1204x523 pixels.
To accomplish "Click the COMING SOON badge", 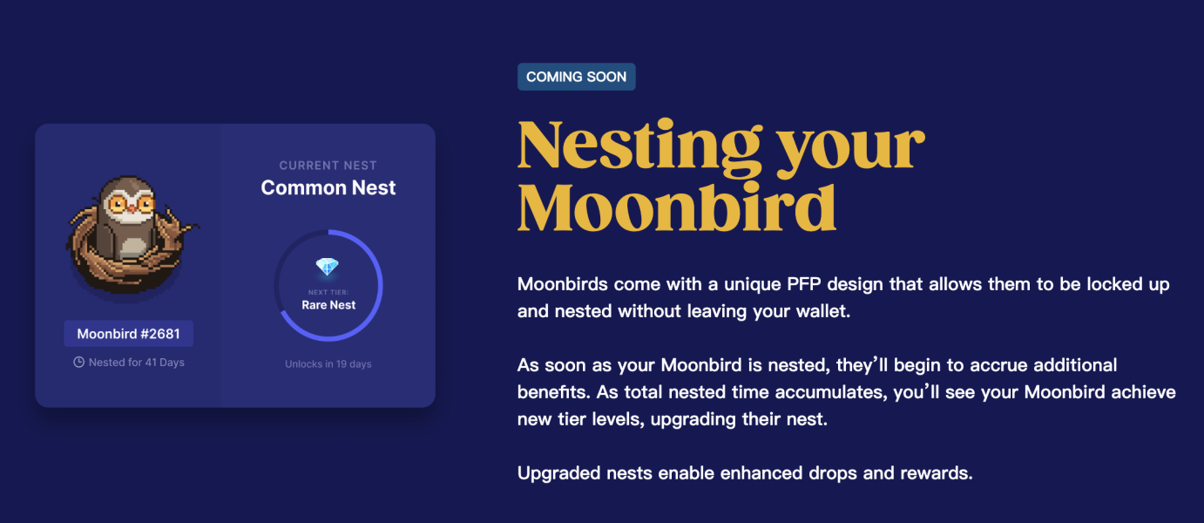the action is (x=576, y=77).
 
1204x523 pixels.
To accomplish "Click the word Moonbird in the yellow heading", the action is (x=677, y=207).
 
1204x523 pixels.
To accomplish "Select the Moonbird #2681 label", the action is (x=128, y=334).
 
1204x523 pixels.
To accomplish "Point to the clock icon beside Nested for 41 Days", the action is (x=79, y=363).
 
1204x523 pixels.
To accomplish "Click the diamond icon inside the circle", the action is (x=327, y=267).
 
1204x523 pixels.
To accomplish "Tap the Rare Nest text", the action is (x=328, y=305).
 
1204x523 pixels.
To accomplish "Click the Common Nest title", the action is (x=328, y=187).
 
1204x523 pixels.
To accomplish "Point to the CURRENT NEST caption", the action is (x=328, y=166).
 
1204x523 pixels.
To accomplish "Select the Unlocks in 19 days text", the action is (x=328, y=363).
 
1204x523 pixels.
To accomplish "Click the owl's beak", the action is (x=131, y=208).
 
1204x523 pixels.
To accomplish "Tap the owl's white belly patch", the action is (x=132, y=248).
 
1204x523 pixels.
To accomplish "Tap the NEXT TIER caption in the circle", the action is (x=328, y=292).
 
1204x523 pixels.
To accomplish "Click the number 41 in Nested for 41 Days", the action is (x=151, y=363).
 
